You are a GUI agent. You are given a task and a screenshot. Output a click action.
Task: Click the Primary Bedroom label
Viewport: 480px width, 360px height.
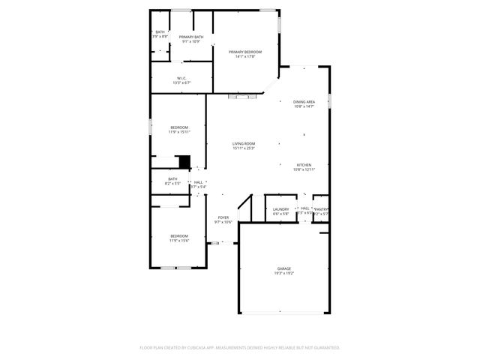245,52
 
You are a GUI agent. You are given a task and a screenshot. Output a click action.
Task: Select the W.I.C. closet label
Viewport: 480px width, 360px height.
181,78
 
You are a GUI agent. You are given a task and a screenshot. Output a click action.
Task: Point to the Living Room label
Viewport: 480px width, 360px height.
244,143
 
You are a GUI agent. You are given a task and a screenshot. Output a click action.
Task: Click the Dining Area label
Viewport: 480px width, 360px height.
304,101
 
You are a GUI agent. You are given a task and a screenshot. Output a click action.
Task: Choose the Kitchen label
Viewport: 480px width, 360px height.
304,165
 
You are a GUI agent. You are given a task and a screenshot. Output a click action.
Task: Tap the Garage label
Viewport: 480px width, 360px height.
283,268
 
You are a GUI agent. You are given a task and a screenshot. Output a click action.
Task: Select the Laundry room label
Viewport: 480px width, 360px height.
281,209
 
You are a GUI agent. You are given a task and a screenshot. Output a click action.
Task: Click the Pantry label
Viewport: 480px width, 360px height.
321,209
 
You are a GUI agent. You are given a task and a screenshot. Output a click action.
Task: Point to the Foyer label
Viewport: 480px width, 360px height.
223,217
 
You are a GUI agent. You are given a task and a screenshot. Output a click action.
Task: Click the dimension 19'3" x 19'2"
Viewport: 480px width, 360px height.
283,274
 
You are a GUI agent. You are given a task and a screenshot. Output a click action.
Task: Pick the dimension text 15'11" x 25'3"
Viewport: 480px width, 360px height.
244,148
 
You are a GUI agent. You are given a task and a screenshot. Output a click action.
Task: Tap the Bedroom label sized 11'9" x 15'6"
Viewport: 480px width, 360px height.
179,236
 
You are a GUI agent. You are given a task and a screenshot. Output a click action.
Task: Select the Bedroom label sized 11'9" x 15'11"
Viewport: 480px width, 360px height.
179,127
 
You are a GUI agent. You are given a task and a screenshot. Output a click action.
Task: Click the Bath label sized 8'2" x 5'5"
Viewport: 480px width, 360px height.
172,178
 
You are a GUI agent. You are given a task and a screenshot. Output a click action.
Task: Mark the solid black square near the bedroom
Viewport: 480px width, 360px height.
183,161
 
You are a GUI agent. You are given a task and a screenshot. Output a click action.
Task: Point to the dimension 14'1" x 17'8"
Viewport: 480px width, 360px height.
245,56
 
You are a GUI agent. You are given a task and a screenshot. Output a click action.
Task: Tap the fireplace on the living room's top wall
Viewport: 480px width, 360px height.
242,96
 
